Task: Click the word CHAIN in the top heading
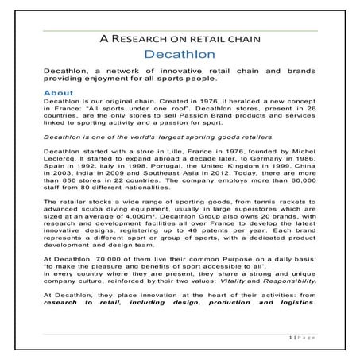click(241, 38)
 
